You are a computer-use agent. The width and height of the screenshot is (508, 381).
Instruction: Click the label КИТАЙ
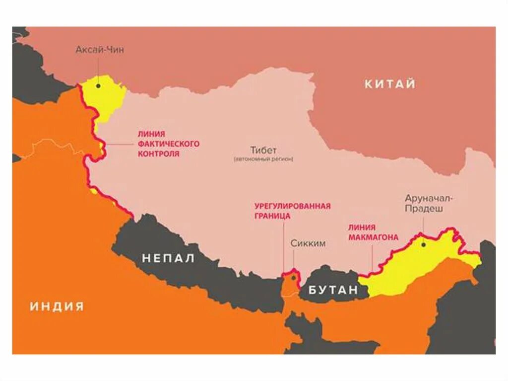[390, 84]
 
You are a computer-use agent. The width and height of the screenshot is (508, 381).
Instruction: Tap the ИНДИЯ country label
[57, 306]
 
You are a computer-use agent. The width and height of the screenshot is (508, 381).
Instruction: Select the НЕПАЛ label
[169, 258]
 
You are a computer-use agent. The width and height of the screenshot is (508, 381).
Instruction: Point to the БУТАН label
[333, 291]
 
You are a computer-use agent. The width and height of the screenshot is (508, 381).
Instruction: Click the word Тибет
[263, 150]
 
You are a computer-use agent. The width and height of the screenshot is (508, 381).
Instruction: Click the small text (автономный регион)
[263, 159]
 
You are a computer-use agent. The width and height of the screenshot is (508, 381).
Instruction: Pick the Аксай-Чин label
[100, 50]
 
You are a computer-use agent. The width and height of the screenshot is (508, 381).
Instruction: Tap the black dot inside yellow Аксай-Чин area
[99, 85]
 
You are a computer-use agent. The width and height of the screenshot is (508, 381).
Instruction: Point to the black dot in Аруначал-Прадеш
[423, 244]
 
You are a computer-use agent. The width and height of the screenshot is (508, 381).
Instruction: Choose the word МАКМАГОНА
[373, 237]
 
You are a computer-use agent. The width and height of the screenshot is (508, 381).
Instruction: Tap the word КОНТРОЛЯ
[158, 154]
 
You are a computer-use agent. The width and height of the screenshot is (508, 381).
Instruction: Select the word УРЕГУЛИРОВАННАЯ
[292, 206]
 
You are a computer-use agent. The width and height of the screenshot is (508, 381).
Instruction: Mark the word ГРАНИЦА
[272, 216]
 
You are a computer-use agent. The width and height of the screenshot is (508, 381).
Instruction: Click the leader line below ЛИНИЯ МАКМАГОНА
[372, 258]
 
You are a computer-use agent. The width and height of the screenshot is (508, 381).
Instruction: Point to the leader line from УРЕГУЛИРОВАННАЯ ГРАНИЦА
[284, 248]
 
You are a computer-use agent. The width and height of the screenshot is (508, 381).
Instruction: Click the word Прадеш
[424, 209]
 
